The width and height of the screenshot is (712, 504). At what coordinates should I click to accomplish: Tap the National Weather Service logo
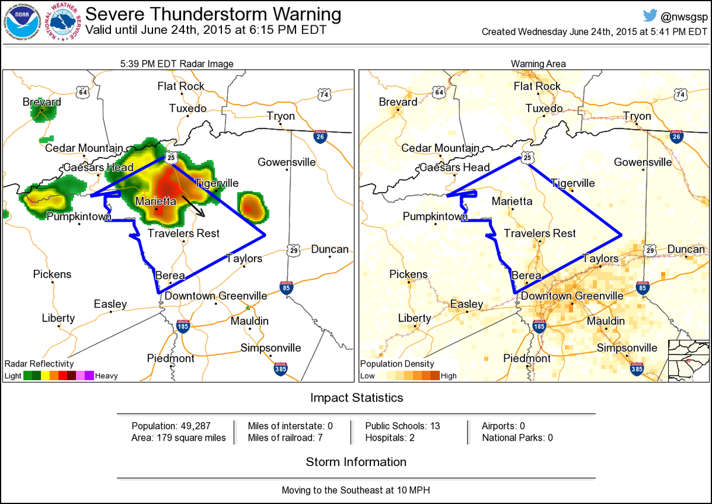click(64, 22)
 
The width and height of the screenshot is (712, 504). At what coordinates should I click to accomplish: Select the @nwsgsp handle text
click(682, 16)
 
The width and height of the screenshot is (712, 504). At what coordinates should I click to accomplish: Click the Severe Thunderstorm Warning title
click(214, 14)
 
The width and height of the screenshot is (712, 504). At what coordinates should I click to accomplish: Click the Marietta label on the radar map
click(155, 202)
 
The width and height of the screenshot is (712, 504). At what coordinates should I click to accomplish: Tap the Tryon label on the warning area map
click(637, 116)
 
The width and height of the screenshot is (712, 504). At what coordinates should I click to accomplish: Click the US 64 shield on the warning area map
click(439, 92)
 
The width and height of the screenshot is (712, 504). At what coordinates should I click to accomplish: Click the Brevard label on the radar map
click(42, 102)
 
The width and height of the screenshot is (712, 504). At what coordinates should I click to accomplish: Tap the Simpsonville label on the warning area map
click(627, 348)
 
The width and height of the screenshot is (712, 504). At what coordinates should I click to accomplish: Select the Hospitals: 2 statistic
click(391, 438)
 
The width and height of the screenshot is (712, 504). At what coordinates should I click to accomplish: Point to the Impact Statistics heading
click(356, 398)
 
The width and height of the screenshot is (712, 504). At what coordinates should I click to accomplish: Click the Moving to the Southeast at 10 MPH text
click(356, 490)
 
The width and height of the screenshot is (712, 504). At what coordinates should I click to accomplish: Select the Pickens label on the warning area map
click(408, 275)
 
